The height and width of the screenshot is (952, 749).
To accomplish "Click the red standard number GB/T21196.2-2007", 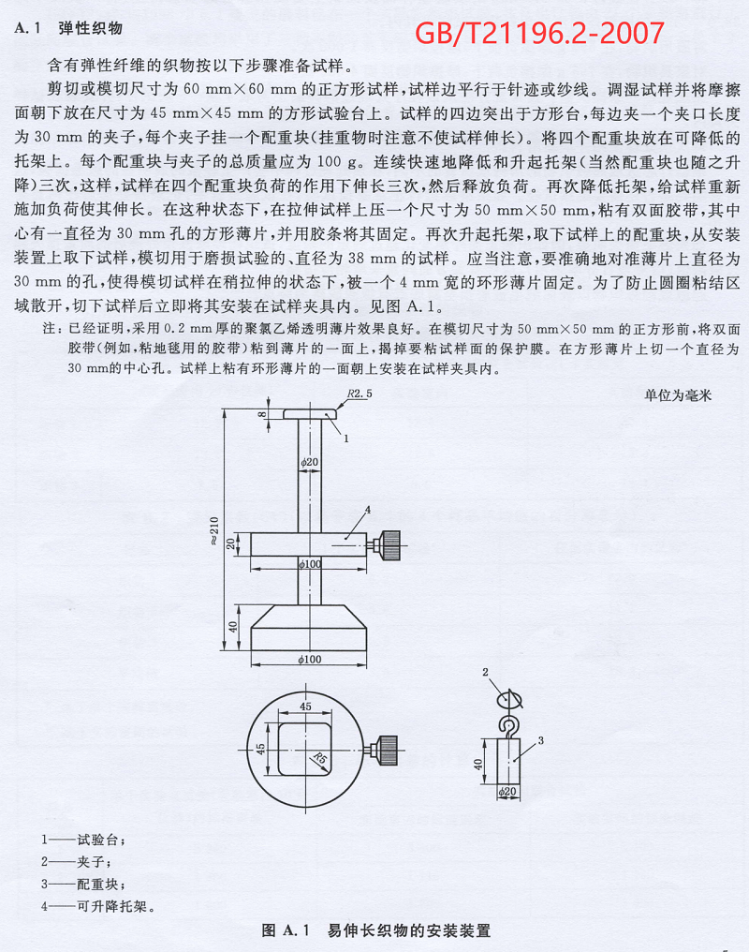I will click(x=539, y=34).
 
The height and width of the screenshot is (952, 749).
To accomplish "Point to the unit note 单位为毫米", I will click(x=678, y=395).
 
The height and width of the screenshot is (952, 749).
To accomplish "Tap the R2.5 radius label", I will click(x=359, y=394).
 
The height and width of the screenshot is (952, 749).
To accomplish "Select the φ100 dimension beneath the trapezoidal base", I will click(x=310, y=660).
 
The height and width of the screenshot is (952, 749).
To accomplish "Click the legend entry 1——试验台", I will click(x=82, y=840).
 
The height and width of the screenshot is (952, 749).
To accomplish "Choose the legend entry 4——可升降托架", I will click(x=97, y=906).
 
